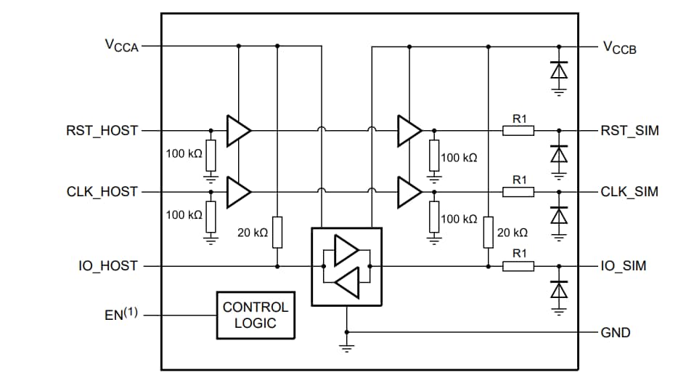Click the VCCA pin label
[121, 46]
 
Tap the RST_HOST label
[102, 131]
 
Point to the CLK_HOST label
[102, 192]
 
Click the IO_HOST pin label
[107, 266]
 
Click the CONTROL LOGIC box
[256, 315]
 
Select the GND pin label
[616, 333]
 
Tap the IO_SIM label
[623, 266]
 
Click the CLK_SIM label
[629, 192]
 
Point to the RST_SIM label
[629, 131]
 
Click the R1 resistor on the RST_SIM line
[518, 131]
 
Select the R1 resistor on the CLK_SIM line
[518, 192]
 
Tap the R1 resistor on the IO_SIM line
[518, 266]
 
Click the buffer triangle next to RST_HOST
[237, 131]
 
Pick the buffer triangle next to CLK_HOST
[237, 192]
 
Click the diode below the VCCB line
[558, 71]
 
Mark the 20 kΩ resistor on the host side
[277, 232]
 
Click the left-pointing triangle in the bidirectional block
[348, 282]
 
